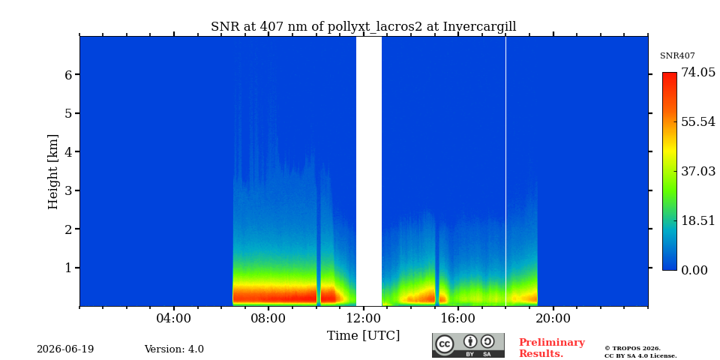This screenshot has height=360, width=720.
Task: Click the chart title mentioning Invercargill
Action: (x=363, y=27)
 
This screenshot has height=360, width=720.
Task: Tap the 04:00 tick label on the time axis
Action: (x=174, y=318)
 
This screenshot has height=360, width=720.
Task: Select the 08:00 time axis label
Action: (x=268, y=318)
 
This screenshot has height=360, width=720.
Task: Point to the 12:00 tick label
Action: (x=363, y=318)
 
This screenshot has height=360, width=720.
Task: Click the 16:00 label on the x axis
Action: (x=458, y=318)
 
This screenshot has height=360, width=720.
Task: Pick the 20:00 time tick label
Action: (x=553, y=318)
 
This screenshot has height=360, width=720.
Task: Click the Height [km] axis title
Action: (x=53, y=172)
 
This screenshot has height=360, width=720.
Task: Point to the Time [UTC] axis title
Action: (x=363, y=336)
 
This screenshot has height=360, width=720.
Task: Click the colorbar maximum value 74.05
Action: (x=698, y=73)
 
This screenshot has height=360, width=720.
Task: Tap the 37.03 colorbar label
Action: (x=698, y=171)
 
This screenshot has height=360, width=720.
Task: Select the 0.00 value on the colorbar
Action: (x=694, y=270)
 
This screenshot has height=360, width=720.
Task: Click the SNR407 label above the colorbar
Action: (x=677, y=56)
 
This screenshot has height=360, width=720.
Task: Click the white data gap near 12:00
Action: (x=369, y=171)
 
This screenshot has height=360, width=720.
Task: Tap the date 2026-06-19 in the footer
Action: (x=65, y=349)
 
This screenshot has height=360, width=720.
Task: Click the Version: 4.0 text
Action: (x=174, y=349)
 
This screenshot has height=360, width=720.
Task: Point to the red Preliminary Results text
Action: (x=552, y=348)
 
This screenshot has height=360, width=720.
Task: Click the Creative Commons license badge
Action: (x=468, y=345)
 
